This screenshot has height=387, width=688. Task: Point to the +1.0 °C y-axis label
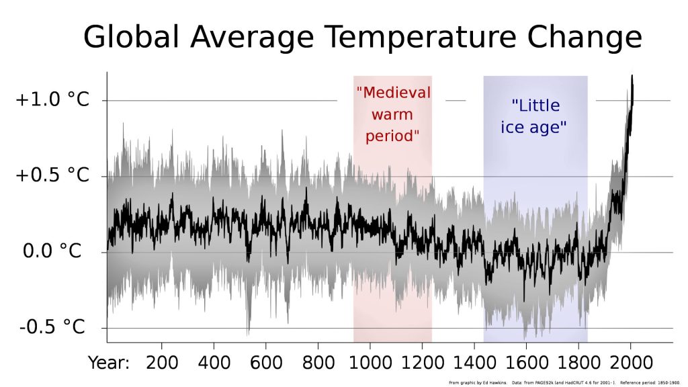point(52,100)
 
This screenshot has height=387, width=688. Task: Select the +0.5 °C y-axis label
point(52,176)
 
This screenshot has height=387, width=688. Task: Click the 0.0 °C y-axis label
point(52,252)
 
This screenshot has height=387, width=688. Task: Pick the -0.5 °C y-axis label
point(52,328)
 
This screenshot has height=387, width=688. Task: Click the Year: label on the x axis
point(109,363)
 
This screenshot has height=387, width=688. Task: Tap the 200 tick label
point(162,363)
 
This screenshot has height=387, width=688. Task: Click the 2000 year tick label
point(630,363)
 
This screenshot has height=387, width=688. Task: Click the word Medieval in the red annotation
point(393,93)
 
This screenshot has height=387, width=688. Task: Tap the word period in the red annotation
point(392,135)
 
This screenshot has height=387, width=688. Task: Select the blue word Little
point(535,105)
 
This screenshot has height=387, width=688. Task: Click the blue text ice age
point(534,127)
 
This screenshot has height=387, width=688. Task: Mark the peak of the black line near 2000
point(632,77)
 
